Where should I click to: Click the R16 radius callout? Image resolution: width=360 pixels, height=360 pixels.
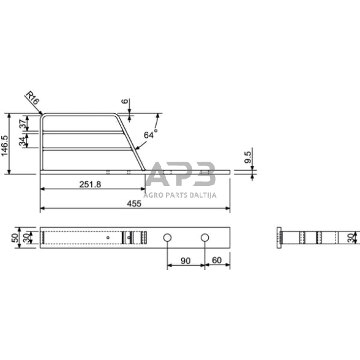click(33, 100)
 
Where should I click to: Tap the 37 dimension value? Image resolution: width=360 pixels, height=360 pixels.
click(23, 123)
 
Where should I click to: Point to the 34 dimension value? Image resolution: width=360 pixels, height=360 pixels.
click(23, 141)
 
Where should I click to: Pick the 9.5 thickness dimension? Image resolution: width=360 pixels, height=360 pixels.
click(247, 158)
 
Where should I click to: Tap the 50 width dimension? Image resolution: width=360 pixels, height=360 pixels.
click(15, 238)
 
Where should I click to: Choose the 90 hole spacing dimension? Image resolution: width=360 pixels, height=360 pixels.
click(186, 261)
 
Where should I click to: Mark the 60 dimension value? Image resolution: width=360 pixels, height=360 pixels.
click(217, 261)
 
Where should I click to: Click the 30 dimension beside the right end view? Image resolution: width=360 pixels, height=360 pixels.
click(350, 238)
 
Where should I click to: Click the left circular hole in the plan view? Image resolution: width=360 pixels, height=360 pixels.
click(167, 238)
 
